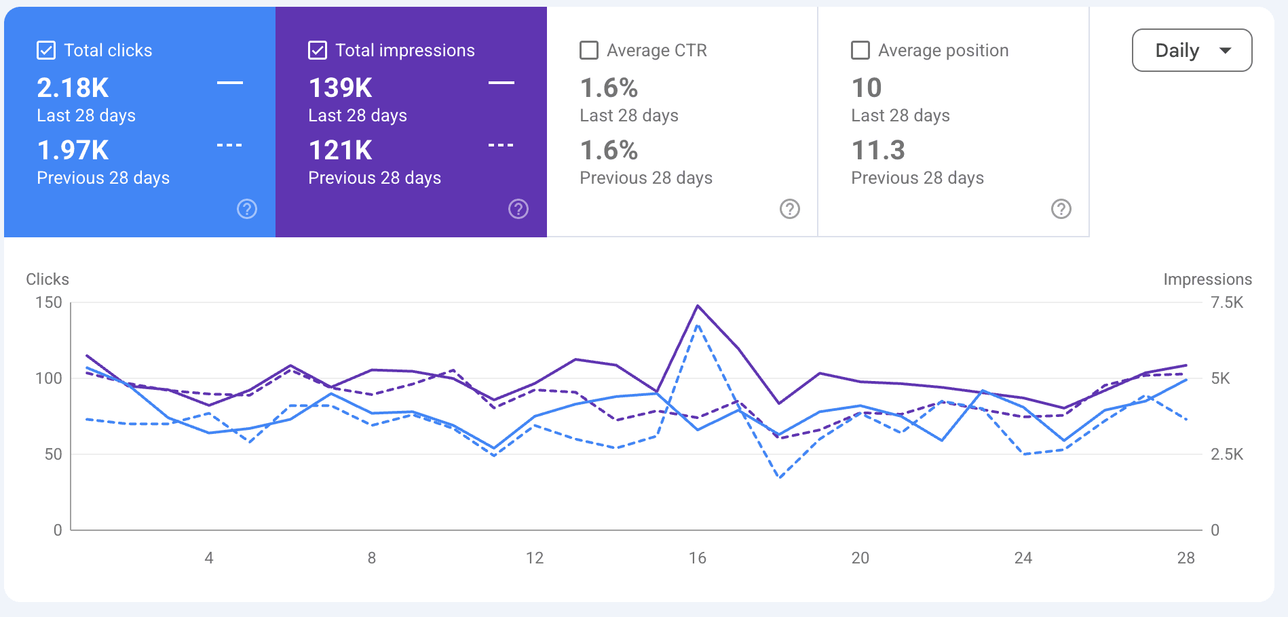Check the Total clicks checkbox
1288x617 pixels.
[x=46, y=50]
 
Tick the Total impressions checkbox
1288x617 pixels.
[x=318, y=50]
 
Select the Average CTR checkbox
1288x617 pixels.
[x=589, y=50]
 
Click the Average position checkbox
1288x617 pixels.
[x=860, y=50]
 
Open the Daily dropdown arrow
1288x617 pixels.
[x=1225, y=50]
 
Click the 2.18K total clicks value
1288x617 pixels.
[x=73, y=87]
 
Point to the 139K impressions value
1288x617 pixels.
[x=340, y=87]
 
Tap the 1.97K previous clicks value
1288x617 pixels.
[x=73, y=150]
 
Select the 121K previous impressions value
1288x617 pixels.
[x=340, y=150]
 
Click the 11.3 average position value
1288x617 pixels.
[x=878, y=150]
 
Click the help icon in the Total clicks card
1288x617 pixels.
[x=247, y=209]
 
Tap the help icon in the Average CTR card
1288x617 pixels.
[x=790, y=209]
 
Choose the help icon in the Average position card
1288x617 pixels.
[x=1061, y=209]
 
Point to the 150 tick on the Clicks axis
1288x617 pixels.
[x=49, y=302]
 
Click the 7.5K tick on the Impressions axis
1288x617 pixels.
[x=1227, y=302]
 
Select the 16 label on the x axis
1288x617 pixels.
[x=698, y=558]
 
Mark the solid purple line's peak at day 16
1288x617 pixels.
[x=698, y=306]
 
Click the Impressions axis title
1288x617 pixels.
[x=1208, y=279]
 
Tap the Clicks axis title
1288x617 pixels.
[x=48, y=279]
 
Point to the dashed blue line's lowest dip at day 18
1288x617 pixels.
[x=780, y=477]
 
